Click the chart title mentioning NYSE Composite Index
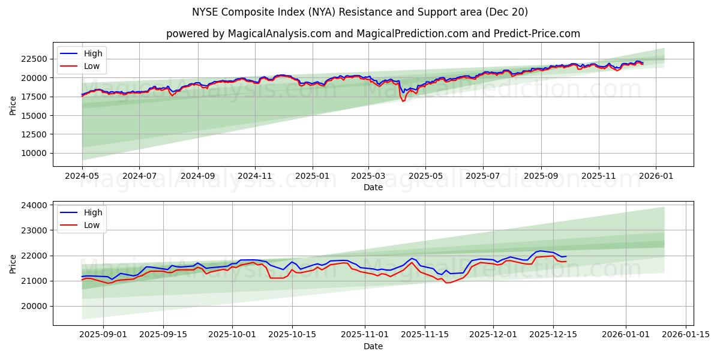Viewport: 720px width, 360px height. tap(360, 12)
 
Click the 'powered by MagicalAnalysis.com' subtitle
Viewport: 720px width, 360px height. tap(373, 34)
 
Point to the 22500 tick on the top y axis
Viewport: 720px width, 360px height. tap(34, 59)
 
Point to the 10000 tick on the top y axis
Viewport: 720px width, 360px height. tap(34, 153)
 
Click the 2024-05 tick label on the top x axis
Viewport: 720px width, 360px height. tap(82, 176)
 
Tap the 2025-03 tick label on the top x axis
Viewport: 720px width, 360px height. tap(368, 176)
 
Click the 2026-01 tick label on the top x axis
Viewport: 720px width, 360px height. tap(655, 176)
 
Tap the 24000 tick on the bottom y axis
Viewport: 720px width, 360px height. tap(34, 205)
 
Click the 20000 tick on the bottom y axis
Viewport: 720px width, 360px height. tap(34, 306)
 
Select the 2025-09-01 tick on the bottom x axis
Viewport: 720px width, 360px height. tap(103, 335)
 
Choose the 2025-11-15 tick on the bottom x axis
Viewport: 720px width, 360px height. tap(425, 335)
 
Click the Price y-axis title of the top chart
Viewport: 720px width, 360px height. tap(13, 106)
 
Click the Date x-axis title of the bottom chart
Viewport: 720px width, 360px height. tap(373, 346)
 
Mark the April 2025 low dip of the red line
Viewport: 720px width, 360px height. tap(403, 101)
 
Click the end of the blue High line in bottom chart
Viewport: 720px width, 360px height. tap(566, 256)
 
